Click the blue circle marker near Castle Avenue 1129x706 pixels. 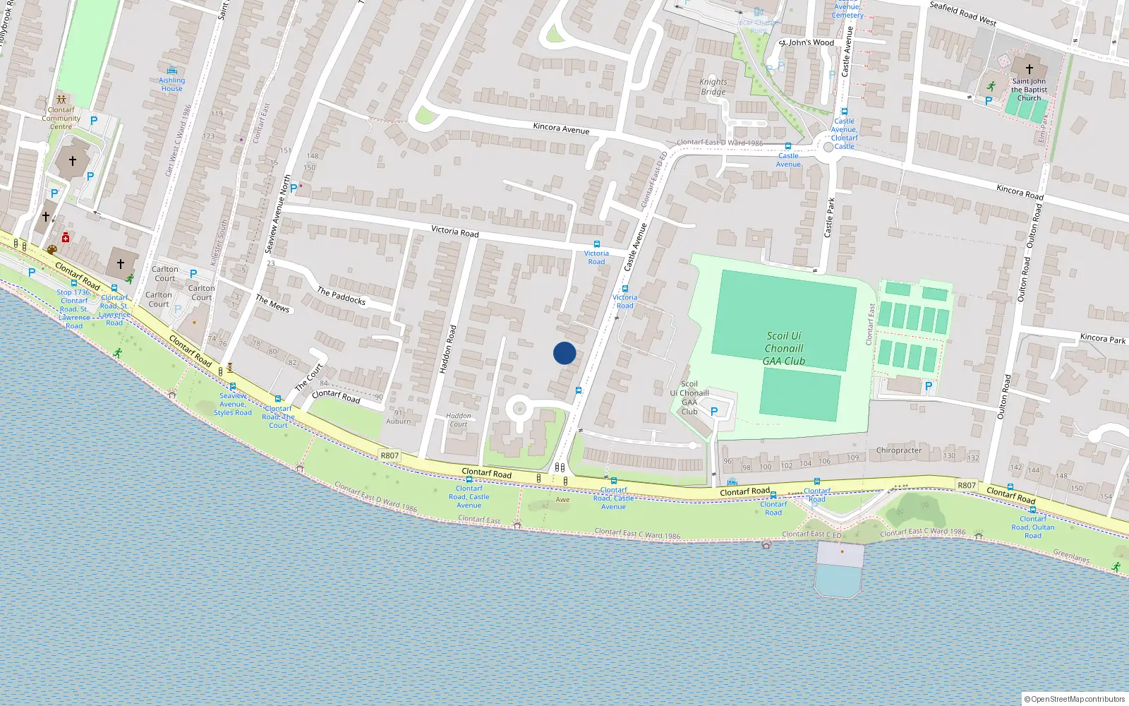click(564, 353)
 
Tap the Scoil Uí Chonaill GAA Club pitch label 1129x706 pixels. click(784, 349)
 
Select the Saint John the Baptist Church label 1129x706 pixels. click(1029, 90)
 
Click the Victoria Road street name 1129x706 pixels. click(454, 231)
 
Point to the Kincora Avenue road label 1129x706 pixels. click(561, 128)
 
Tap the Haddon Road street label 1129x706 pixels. click(447, 349)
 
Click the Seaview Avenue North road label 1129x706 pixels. click(278, 215)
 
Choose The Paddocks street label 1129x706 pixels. click(341, 296)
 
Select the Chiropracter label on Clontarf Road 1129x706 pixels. click(898, 450)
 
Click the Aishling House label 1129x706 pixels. click(171, 84)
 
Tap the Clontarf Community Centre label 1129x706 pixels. click(61, 118)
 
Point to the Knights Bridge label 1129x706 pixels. click(713, 87)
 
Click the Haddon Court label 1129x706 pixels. click(458, 420)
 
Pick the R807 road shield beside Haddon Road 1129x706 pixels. click(390, 455)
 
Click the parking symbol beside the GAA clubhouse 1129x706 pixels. click(714, 411)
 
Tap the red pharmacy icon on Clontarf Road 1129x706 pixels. click(66, 237)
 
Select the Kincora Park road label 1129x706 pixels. click(1102, 339)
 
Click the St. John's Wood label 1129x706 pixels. click(807, 42)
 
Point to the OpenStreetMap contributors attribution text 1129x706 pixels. click(1075, 699)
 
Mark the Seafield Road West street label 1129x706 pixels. click(962, 13)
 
